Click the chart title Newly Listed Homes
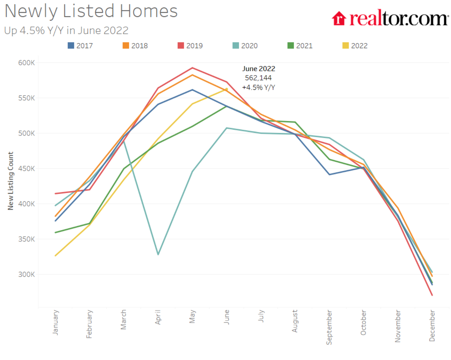tap(91, 11)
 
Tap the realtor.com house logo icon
tap(339, 18)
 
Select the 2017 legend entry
tap(80, 46)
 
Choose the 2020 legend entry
tap(245, 46)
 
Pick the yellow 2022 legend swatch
tap(346, 45)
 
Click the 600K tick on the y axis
tap(26, 63)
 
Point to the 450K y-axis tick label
tap(26, 169)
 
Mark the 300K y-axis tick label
tap(26, 274)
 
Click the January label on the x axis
tap(56, 322)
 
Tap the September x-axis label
tap(329, 327)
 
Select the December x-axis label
tap(432, 326)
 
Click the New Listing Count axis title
tap(11, 181)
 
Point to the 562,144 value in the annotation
tap(258, 78)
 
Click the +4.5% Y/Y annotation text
tap(258, 87)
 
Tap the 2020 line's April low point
tap(158, 254)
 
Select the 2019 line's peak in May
tap(193, 68)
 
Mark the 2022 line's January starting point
tap(56, 255)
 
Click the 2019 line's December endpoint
tap(432, 295)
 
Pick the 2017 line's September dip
tap(329, 174)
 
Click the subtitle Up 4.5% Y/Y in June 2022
tap(66, 30)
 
